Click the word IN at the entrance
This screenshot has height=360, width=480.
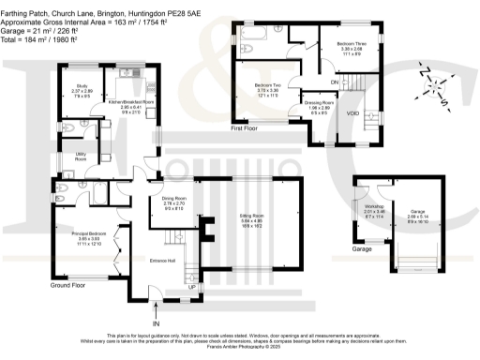[x=157, y=322]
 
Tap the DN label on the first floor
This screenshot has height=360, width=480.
[x=334, y=82]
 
